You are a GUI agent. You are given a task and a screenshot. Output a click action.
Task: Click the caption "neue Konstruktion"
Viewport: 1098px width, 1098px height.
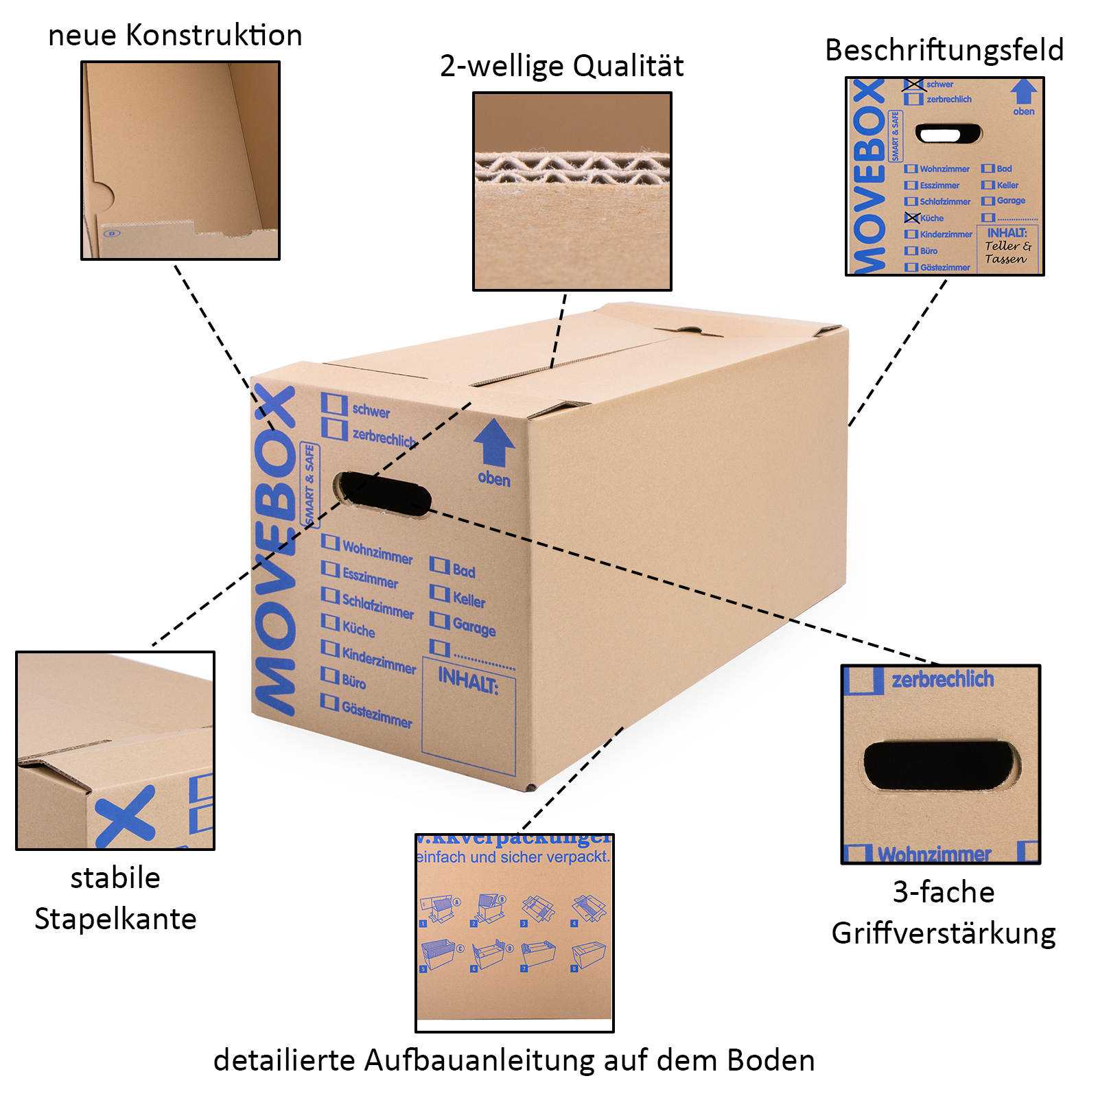pyautogui.click(x=175, y=36)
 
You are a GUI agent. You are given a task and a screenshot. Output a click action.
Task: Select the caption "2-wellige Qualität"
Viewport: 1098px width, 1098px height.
pyautogui.click(x=561, y=67)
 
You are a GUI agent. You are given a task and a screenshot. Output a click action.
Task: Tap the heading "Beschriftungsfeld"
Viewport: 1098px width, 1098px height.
pyautogui.click(x=944, y=51)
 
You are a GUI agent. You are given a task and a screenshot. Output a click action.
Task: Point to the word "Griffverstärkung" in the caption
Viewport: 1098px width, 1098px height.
pyautogui.click(x=944, y=934)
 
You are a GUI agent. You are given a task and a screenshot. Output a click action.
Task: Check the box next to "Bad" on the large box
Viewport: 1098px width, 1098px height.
pyautogui.click(x=439, y=565)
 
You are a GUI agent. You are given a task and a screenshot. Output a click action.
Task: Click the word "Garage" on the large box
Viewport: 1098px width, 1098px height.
pyautogui.click(x=474, y=626)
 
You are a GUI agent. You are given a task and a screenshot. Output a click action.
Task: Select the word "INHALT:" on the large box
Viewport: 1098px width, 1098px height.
pyautogui.click(x=468, y=681)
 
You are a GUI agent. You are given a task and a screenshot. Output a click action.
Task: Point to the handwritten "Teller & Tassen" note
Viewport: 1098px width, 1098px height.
pyautogui.click(x=1007, y=253)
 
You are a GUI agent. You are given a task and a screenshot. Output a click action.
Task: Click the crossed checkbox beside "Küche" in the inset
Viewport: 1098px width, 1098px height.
pyautogui.click(x=911, y=218)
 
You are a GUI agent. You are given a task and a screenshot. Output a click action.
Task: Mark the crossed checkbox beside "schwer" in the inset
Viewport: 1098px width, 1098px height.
pyautogui.click(x=913, y=84)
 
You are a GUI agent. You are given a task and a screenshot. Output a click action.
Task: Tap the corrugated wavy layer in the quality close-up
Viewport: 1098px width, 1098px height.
pyautogui.click(x=572, y=169)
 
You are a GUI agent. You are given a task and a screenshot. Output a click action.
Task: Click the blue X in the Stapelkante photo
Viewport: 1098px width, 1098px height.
pyautogui.click(x=126, y=817)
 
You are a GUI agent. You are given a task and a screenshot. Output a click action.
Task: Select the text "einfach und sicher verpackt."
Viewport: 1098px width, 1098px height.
pyautogui.click(x=513, y=857)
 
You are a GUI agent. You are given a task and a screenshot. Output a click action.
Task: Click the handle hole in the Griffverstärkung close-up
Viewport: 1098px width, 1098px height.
pyautogui.click(x=941, y=764)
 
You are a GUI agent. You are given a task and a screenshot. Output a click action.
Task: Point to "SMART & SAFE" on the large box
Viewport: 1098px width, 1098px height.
pyautogui.click(x=310, y=484)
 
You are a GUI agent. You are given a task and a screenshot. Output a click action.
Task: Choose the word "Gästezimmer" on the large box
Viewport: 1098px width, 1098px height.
pyautogui.click(x=377, y=714)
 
